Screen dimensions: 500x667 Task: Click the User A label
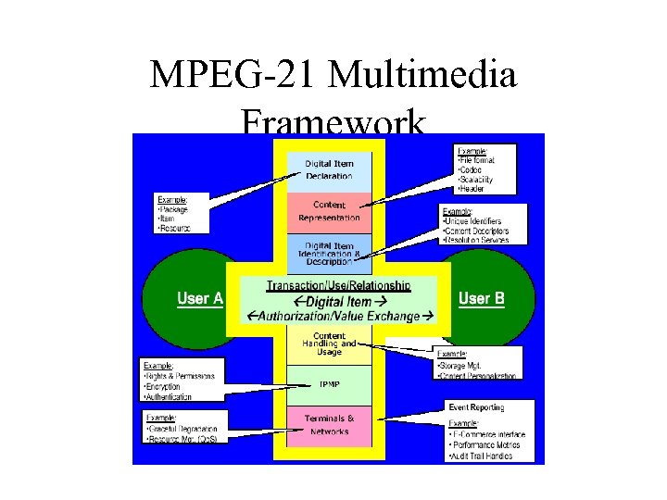coord(200,299)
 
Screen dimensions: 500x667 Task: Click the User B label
coord(482,298)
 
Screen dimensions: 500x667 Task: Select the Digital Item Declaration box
coord(329,169)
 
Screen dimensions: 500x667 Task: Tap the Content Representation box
coord(329,211)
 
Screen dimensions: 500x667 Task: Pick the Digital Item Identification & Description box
coord(329,253)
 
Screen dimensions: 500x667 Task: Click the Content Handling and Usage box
coord(329,344)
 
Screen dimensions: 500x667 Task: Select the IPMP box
coord(329,384)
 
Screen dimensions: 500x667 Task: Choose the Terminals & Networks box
coord(329,425)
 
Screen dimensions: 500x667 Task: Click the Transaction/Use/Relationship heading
coord(338,285)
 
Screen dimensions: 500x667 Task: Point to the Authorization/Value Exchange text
coord(338,317)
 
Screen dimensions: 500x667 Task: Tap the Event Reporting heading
coord(476,407)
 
